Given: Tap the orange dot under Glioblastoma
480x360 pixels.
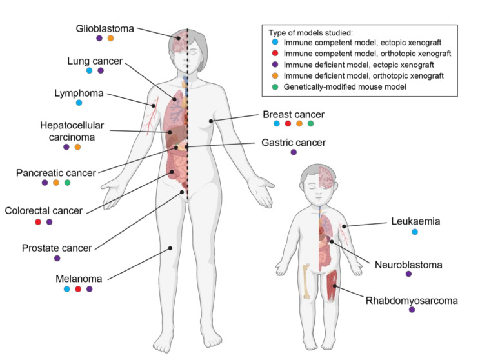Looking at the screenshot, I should (x=110, y=39).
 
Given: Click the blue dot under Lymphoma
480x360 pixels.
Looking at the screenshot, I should (x=79, y=103).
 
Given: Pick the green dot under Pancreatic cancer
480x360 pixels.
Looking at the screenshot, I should (x=67, y=183).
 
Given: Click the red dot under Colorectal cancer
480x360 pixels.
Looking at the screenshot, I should (x=38, y=222).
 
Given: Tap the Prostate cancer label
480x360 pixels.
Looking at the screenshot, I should (x=57, y=247).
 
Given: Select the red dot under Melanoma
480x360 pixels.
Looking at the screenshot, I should (x=78, y=289).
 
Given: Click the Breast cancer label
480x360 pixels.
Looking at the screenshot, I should (x=293, y=114).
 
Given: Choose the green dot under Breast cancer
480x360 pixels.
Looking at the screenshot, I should (x=311, y=123).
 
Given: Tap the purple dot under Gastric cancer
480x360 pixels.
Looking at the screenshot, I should (x=294, y=152).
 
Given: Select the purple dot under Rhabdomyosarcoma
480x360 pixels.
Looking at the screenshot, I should (x=412, y=310).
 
